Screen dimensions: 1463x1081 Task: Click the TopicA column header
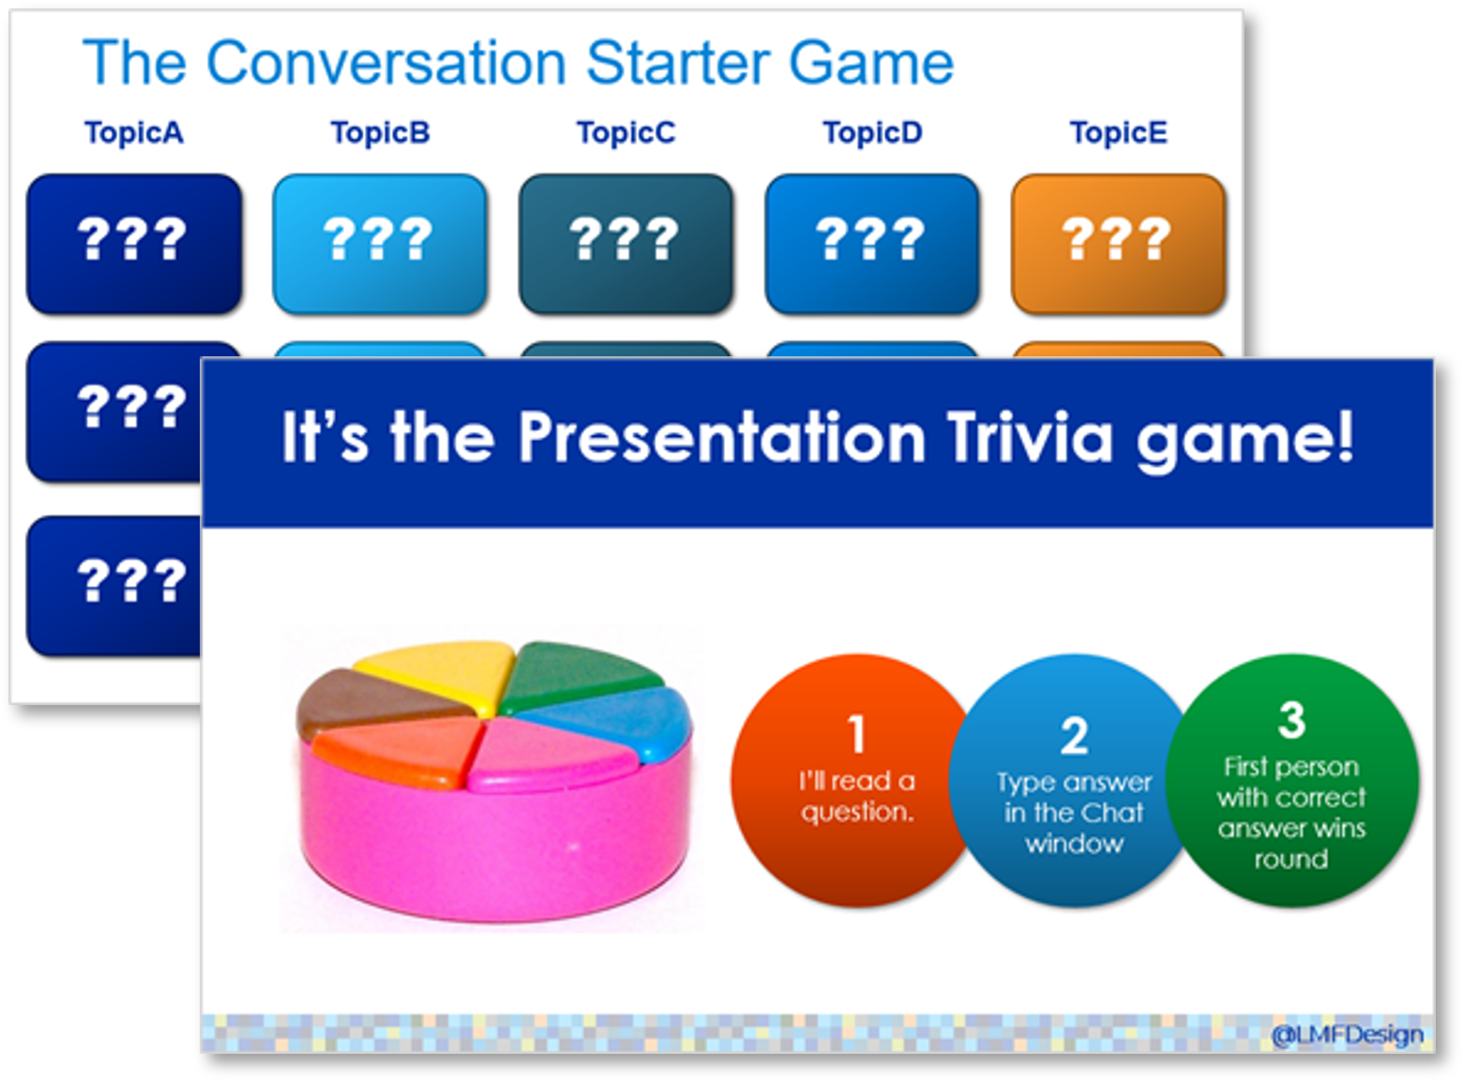tap(134, 133)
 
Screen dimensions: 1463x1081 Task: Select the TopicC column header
tap(626, 133)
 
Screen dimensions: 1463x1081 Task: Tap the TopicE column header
tap(1118, 133)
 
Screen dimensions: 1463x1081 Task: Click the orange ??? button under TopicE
tap(1118, 244)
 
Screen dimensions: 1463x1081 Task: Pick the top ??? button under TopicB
tap(380, 244)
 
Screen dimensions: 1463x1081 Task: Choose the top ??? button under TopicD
tap(872, 244)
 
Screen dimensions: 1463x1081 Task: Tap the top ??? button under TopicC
tap(626, 244)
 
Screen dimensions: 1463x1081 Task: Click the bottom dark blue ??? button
tap(113, 586)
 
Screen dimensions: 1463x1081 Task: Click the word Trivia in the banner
tap(1031, 437)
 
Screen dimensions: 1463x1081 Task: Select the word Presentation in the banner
tap(721, 437)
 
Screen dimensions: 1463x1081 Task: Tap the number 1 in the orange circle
tap(857, 733)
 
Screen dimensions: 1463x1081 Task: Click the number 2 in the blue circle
tap(1075, 735)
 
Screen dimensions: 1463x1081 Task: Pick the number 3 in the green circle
tap(1291, 719)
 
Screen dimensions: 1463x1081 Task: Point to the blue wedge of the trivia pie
tap(613, 719)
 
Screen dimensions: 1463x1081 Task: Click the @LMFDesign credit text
tap(1348, 1035)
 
